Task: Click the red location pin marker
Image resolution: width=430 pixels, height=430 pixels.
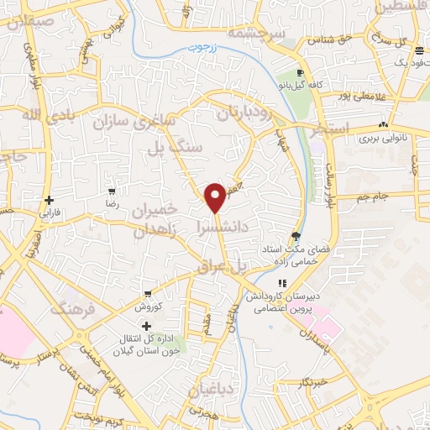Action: [x=216, y=197]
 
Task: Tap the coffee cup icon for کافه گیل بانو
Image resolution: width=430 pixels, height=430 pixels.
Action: [x=300, y=72]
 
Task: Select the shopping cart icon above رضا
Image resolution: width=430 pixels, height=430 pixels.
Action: [x=111, y=192]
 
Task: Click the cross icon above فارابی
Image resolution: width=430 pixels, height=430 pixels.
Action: [x=50, y=201]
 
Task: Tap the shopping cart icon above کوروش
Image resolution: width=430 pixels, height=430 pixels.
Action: [x=148, y=295]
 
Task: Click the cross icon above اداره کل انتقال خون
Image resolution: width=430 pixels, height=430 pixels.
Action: [x=147, y=326]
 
